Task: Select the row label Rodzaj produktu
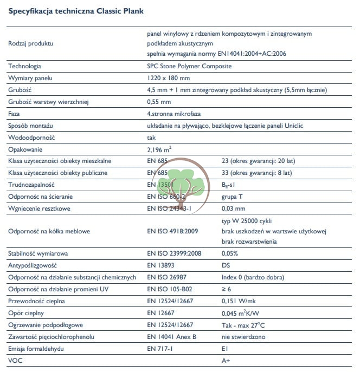pos(31,43)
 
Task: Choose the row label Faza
pos(14,114)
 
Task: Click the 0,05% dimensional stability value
pos(231,253)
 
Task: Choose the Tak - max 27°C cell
pos(243,325)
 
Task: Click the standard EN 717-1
pos(161,349)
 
